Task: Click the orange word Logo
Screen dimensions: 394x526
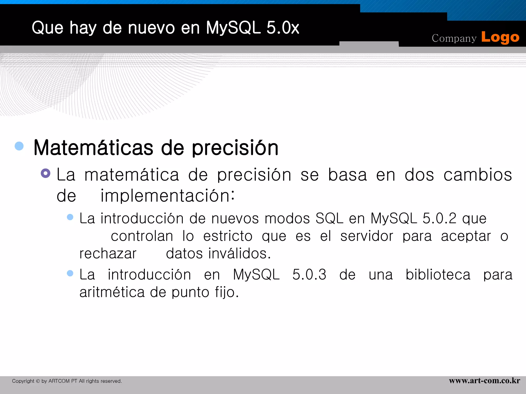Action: [x=500, y=38]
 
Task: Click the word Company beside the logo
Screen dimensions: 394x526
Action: [x=454, y=38]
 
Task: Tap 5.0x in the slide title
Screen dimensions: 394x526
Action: [x=283, y=28]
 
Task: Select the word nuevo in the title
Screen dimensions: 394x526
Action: [x=151, y=28]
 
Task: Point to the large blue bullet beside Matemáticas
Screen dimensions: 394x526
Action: [x=19, y=146]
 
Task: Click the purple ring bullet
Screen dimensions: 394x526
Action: [x=45, y=173]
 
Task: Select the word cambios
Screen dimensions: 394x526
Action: [x=478, y=175]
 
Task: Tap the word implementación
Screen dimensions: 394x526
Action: [x=167, y=196]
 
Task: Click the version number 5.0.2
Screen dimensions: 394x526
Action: [x=439, y=219]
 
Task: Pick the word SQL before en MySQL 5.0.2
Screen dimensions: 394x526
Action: [x=329, y=219]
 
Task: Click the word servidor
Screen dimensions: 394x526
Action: [x=367, y=236]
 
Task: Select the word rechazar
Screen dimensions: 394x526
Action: [x=108, y=254]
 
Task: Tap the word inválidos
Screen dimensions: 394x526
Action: [x=239, y=254]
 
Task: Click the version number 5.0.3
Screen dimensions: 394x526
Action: [x=309, y=275]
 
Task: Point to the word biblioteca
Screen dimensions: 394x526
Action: [x=438, y=275]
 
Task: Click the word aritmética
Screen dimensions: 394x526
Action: [x=112, y=292]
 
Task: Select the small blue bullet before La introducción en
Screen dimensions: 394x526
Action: [x=70, y=273]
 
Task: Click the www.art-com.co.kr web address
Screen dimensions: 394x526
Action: [x=484, y=381]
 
